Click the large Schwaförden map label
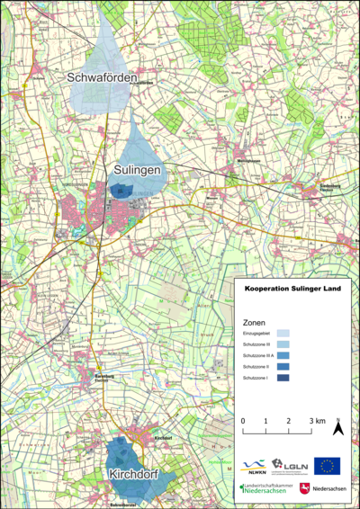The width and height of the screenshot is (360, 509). pos(103,79)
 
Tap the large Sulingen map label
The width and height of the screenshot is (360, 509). pos(137,169)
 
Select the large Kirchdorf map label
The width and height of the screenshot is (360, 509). pos(135,473)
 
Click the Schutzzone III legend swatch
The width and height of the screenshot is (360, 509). pos(283,344)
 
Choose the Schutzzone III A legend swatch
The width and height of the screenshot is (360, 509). pos(283,356)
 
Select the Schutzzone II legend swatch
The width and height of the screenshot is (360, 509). pos(283,367)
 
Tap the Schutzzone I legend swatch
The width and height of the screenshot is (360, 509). pos(283,379)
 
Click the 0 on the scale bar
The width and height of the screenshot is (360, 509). pos(243,421)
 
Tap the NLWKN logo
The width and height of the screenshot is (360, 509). pos(255,466)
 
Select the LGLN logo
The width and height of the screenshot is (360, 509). pos(290,465)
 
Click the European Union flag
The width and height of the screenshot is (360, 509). pos(328,465)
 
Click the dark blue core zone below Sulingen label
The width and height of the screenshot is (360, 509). pos(119,189)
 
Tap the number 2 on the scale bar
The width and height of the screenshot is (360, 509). pos(288,421)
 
